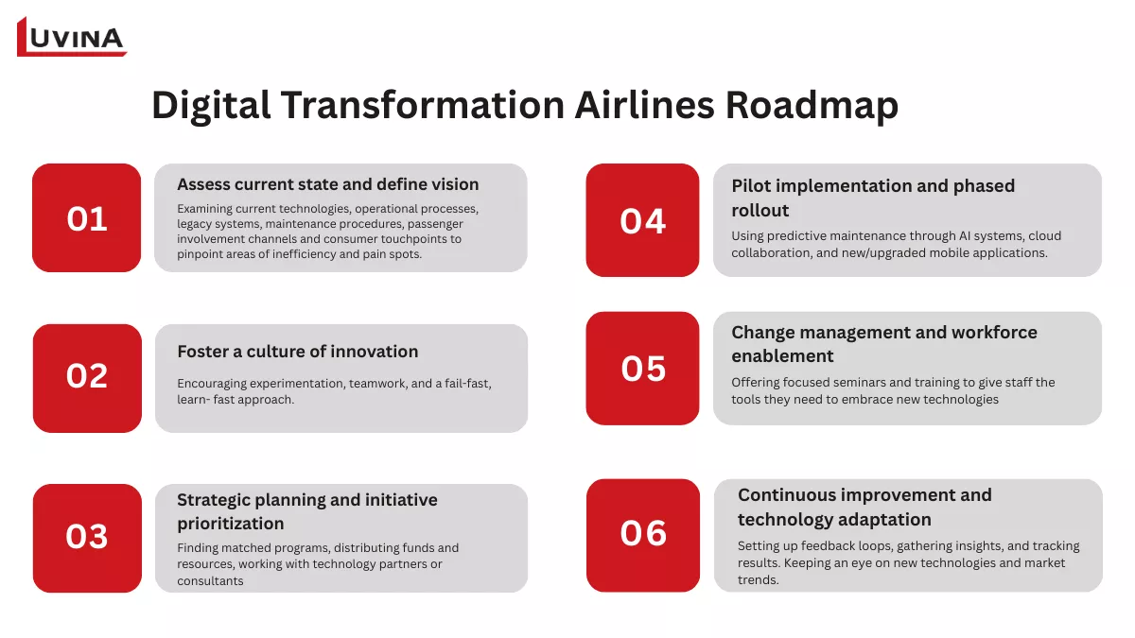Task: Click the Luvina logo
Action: [72, 37]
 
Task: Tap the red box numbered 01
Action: [87, 218]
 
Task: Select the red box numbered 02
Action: [87, 376]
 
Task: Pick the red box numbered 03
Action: [87, 537]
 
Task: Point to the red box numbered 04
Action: [642, 220]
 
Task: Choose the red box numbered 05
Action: [642, 368]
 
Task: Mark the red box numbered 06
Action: [642, 534]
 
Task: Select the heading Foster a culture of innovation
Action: [297, 352]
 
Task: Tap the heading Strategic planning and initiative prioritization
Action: [307, 511]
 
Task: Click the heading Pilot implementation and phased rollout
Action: [872, 198]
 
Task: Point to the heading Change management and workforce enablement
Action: [883, 344]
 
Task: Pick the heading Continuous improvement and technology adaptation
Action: [864, 507]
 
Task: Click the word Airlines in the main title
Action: [644, 105]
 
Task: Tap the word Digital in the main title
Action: [209, 105]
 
